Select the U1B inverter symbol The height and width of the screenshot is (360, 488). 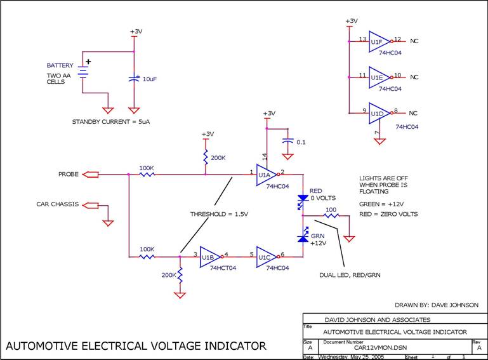(x=209, y=257)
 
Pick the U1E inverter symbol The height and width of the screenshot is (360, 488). (x=379, y=77)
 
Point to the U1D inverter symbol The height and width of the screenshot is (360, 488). (x=379, y=113)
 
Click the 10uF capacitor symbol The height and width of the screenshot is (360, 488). (x=134, y=79)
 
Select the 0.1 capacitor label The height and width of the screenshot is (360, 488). (x=301, y=142)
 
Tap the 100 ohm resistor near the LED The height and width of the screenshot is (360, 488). (x=331, y=216)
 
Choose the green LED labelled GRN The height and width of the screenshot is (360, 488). (x=303, y=236)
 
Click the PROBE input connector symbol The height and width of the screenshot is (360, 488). (x=91, y=174)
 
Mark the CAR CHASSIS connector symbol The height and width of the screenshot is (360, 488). (x=91, y=205)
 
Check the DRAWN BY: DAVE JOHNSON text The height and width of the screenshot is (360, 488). (x=436, y=305)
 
